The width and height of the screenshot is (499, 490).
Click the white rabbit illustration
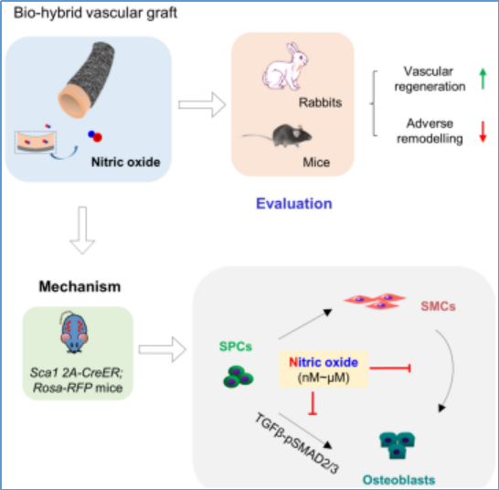click(285, 66)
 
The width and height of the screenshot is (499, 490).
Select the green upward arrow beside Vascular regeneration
click(483, 79)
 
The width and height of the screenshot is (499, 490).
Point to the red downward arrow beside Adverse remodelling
click(483, 132)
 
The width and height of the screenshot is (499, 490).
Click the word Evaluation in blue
click(294, 204)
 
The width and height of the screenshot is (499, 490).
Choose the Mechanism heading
click(80, 286)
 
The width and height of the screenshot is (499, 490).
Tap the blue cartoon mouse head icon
click(74, 333)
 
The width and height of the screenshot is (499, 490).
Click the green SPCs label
click(236, 346)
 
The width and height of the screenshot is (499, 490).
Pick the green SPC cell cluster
click(239, 377)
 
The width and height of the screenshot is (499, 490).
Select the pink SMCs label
click(438, 306)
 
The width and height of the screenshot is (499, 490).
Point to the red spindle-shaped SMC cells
click(375, 301)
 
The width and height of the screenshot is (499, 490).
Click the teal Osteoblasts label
click(398, 480)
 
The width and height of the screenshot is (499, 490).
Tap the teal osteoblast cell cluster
click(398, 445)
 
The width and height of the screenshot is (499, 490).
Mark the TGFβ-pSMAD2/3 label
click(297, 443)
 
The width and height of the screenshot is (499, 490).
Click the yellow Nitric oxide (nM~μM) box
click(324, 369)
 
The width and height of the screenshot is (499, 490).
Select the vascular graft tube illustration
click(87, 80)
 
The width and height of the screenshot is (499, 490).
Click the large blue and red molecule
click(95, 136)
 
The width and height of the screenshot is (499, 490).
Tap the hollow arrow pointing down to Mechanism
click(82, 230)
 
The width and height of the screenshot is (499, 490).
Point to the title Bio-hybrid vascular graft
click(95, 14)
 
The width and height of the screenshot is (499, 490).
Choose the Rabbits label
click(320, 102)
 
